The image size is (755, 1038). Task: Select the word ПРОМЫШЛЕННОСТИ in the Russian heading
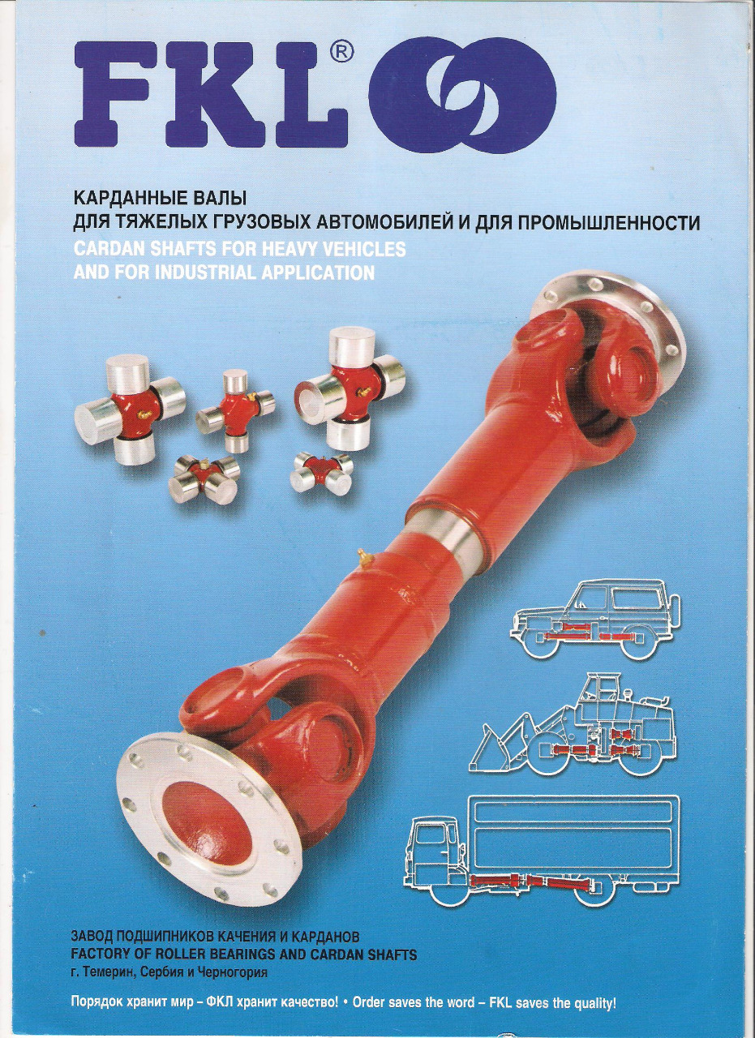(x=607, y=224)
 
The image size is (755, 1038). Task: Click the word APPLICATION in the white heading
(x=318, y=272)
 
